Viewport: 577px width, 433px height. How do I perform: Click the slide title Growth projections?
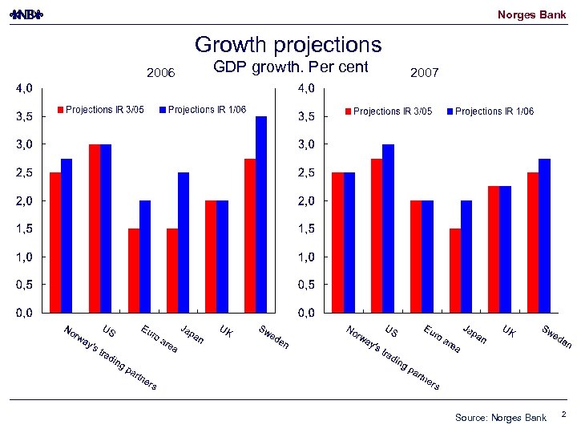click(288, 45)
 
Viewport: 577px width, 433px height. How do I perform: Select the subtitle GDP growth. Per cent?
click(291, 67)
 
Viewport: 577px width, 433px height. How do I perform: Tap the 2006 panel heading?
click(160, 74)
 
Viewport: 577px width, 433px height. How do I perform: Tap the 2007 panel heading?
click(424, 74)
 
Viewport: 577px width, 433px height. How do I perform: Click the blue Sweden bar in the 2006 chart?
click(261, 214)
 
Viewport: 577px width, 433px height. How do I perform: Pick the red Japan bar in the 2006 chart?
click(172, 270)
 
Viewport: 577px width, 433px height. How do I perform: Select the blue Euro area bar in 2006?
click(145, 256)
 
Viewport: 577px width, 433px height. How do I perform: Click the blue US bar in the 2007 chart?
click(388, 228)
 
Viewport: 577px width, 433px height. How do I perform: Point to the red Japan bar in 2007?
click(455, 270)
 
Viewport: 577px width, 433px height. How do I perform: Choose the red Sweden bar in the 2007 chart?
click(533, 242)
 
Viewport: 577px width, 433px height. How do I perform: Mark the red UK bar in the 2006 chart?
click(211, 256)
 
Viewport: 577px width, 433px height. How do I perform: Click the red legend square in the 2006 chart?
click(59, 110)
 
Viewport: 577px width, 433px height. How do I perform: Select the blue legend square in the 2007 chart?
click(450, 111)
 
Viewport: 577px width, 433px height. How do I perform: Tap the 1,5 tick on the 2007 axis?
click(309, 229)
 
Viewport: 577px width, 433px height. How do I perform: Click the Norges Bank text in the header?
click(531, 14)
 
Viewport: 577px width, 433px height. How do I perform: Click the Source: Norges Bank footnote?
click(500, 418)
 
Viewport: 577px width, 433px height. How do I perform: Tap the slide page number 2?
click(563, 415)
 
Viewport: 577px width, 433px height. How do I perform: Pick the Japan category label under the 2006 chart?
click(192, 335)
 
